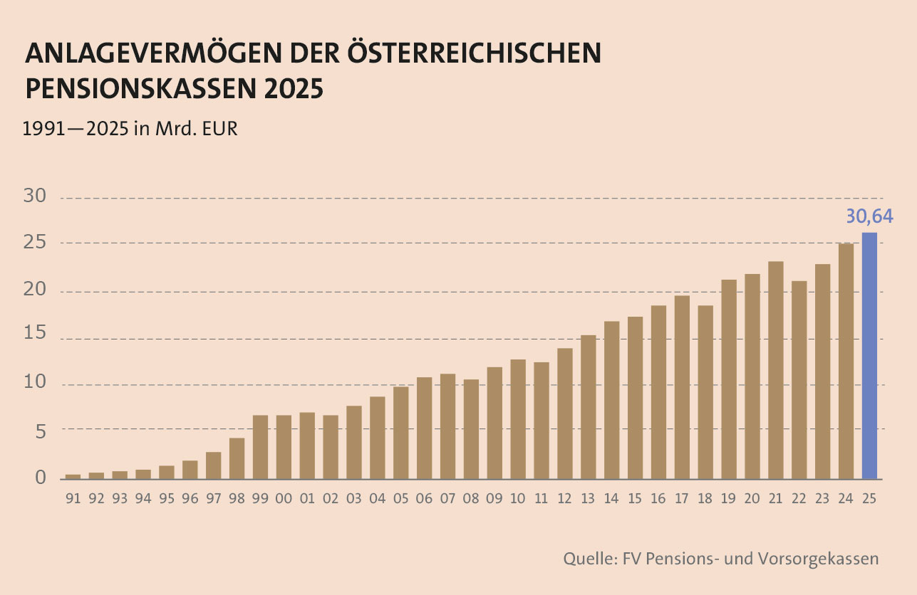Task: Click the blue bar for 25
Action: click(x=869, y=355)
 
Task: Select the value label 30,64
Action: click(x=869, y=216)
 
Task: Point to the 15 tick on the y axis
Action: click(x=36, y=337)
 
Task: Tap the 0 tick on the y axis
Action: click(x=41, y=477)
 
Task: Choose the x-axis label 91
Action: click(x=73, y=499)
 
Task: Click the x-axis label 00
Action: click(x=284, y=499)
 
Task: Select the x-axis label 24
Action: click(x=846, y=499)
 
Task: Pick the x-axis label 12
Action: click(x=564, y=499)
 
